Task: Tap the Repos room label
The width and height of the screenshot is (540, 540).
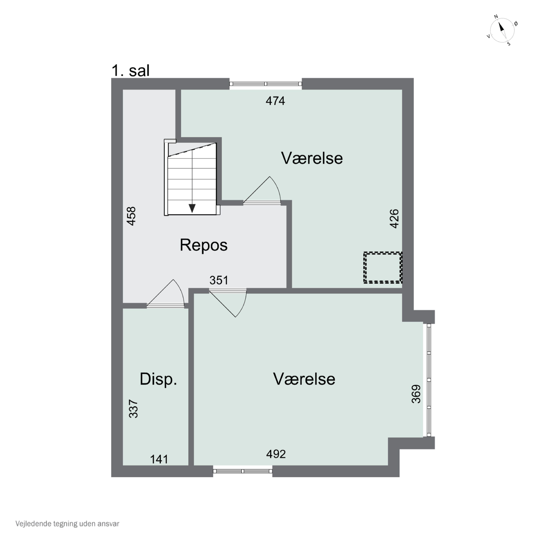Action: [203, 245]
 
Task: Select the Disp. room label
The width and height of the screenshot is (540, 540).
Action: [158, 379]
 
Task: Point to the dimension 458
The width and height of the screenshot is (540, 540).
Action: [131, 216]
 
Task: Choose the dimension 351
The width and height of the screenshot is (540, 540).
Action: [219, 280]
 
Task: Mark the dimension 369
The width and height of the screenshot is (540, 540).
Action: [416, 394]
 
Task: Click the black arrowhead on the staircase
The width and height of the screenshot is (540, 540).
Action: [192, 208]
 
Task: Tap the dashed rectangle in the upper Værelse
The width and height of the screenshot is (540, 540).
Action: [383, 267]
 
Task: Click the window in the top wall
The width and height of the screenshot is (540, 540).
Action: [265, 84]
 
